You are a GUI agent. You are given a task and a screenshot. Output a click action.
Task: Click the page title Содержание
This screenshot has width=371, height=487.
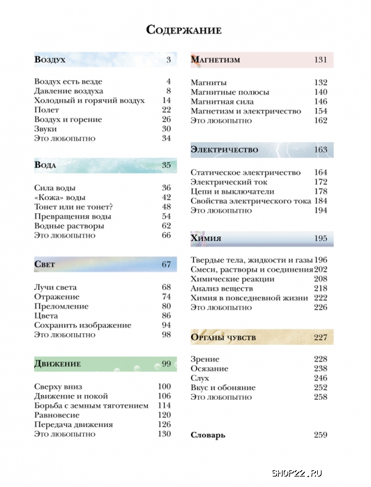[184, 30]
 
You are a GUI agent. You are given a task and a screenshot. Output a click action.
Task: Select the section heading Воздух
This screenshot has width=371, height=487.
[50, 60]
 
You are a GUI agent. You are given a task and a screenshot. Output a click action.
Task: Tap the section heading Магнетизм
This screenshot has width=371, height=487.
[215, 60]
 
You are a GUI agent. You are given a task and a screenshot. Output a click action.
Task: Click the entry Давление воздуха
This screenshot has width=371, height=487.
[69, 91]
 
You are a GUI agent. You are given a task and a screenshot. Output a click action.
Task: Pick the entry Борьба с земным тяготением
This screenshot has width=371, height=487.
[92, 405]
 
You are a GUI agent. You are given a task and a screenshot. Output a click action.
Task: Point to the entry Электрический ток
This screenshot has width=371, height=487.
[224, 182]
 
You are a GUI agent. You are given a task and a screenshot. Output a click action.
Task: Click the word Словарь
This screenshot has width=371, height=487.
[208, 435]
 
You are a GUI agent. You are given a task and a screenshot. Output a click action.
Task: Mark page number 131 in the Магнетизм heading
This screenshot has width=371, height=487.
[320, 60]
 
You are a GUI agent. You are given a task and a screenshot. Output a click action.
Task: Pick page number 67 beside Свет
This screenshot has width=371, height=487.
[166, 265]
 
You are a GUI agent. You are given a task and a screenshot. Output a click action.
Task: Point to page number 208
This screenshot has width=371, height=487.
[320, 279]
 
